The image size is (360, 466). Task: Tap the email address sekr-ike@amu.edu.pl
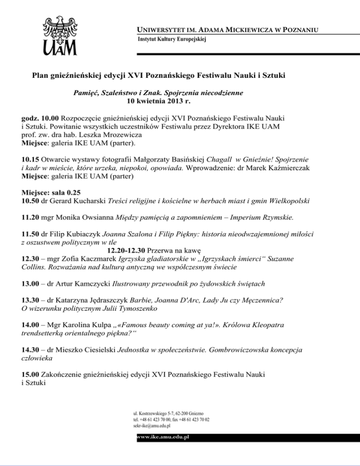pyautogui.click(x=151, y=426)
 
